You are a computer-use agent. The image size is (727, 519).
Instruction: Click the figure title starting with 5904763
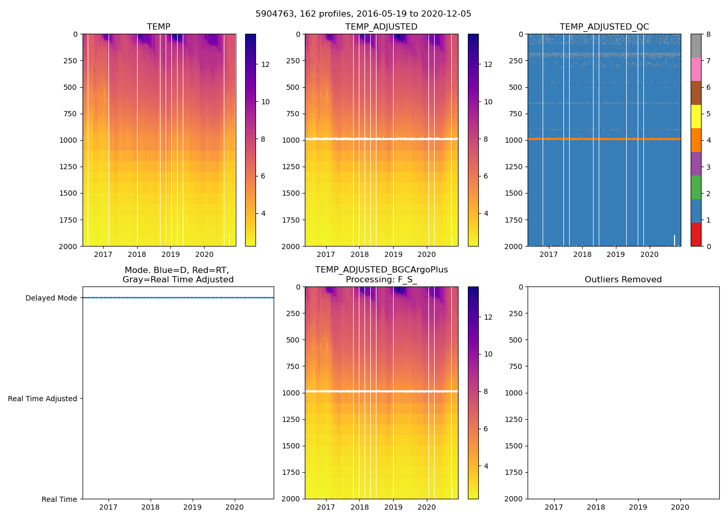click(363, 14)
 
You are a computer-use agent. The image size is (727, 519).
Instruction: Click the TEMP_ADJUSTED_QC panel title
click(604, 26)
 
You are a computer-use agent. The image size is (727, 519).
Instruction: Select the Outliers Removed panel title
click(623, 279)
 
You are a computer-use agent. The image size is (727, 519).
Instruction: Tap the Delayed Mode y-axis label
click(51, 298)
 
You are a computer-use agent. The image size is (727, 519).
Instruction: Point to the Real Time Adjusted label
click(42, 399)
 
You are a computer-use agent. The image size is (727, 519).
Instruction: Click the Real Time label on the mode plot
click(59, 499)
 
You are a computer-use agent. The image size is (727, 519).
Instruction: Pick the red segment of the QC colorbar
click(696, 234)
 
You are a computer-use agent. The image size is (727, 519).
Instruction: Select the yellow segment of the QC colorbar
click(696, 116)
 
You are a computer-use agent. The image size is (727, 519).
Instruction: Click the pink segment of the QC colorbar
click(696, 69)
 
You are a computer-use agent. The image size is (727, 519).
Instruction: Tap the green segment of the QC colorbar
click(696, 187)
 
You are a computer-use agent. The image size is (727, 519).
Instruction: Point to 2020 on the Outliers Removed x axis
click(680, 507)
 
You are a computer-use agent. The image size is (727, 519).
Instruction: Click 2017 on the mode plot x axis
click(108, 507)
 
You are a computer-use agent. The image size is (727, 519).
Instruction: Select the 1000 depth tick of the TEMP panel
click(69, 140)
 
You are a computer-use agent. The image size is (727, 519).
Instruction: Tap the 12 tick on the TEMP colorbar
click(265, 64)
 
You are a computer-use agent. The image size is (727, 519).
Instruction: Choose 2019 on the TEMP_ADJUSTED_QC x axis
click(616, 254)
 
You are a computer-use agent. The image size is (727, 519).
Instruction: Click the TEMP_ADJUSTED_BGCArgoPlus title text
click(381, 270)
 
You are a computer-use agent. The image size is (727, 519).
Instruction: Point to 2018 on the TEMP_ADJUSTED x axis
click(359, 254)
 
